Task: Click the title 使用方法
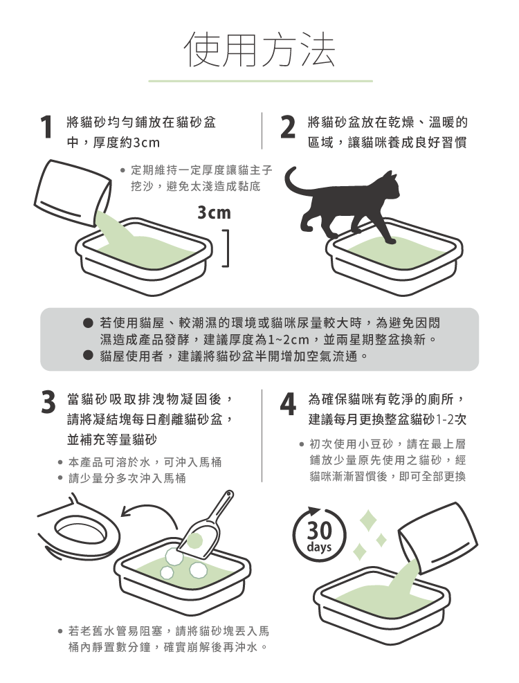[x=261, y=49]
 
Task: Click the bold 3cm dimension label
[x=214, y=212]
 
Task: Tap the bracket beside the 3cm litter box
[x=226, y=248]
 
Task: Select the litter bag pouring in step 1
[x=73, y=192]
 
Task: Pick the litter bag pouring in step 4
[x=437, y=538]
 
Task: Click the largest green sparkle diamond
[x=368, y=520]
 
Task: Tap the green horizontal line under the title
[x=261, y=81]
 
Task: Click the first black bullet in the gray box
[x=89, y=322]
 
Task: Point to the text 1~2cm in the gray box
[x=289, y=340]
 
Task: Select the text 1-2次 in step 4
[x=451, y=419]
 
